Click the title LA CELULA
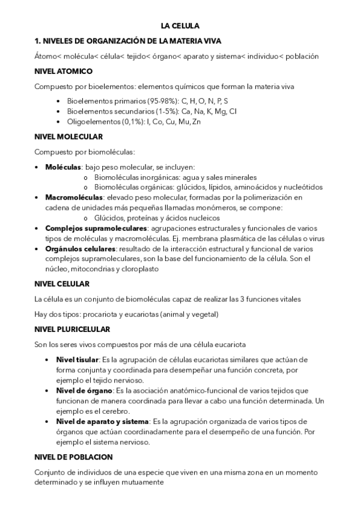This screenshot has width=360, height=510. (180, 26)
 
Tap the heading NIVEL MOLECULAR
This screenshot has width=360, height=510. (69, 137)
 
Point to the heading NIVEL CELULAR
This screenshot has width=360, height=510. (62, 284)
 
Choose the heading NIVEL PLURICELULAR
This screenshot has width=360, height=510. (72, 329)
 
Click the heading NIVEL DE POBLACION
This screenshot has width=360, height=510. (73, 457)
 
